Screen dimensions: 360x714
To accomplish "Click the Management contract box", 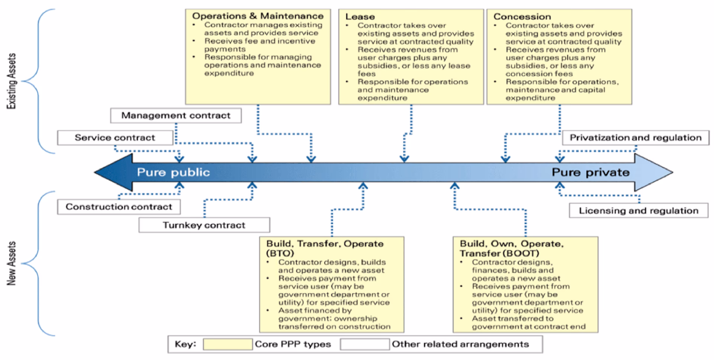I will click(176, 116).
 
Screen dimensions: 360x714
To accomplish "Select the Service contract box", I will click(115, 138).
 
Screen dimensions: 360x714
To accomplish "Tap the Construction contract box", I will click(119, 207).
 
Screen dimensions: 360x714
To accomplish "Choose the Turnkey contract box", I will click(204, 225).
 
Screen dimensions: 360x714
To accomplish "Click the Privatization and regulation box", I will click(635, 138).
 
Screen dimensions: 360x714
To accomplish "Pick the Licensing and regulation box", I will click(638, 210).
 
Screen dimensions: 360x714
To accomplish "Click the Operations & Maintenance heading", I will click(257, 16).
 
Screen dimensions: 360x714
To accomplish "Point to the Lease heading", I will click(360, 17).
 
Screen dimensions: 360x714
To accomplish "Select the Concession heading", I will click(522, 17).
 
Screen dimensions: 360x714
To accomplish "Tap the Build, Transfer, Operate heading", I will click(325, 244).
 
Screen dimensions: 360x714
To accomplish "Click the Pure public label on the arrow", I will click(173, 172).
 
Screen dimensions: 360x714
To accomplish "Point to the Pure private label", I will click(590, 172).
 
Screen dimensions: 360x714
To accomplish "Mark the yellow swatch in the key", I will click(228, 344).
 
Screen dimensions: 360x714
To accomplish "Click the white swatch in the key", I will click(364, 344).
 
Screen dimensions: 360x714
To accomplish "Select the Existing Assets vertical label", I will click(12, 81).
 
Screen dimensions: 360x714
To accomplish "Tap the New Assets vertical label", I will click(12, 263).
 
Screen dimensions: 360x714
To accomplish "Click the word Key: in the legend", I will click(185, 344).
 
